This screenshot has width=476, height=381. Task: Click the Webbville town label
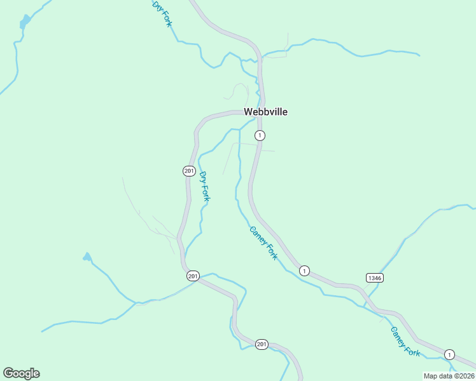266,112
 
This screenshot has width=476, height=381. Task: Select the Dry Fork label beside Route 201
204,187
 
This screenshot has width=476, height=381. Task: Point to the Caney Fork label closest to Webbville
263,243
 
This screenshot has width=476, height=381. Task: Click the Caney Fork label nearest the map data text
405,342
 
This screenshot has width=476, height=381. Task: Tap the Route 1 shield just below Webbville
259,135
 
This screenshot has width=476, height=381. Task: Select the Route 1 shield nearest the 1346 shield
304,271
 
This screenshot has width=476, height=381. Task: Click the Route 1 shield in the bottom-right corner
449,354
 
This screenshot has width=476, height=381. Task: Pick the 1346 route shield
375,278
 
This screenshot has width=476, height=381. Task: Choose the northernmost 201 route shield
188,171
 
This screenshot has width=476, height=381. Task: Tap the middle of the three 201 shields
193,276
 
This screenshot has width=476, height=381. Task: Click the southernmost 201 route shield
262,344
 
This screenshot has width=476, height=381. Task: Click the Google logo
21,373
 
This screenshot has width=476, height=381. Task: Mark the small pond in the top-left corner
25,22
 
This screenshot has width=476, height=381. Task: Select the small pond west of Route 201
87,257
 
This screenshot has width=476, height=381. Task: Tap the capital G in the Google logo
8,373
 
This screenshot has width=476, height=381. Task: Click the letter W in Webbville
249,112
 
